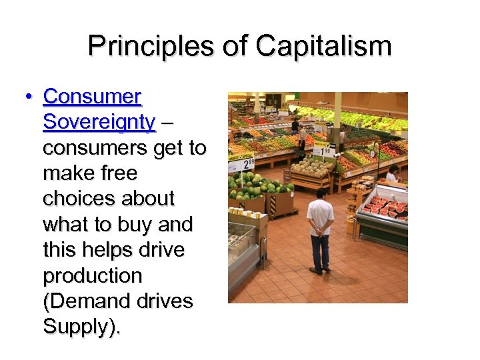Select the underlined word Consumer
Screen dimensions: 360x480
(92, 97)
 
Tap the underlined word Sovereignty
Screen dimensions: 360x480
(99, 123)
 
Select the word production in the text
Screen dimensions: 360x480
(93, 276)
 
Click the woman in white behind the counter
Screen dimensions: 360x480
(393, 174)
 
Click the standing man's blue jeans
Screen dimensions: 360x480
(320, 250)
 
